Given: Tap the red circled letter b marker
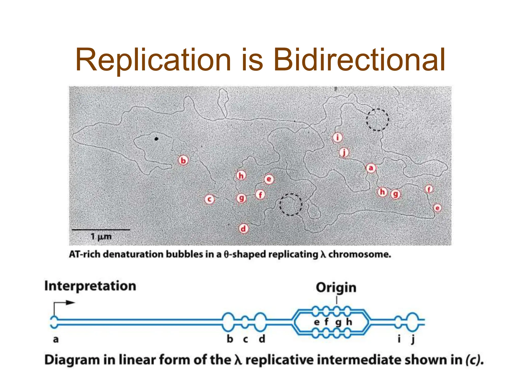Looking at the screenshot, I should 183,160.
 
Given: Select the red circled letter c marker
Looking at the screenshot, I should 209,199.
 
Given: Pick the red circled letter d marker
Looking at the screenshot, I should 243,229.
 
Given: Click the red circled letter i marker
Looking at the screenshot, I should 338,138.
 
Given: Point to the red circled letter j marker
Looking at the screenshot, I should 344,153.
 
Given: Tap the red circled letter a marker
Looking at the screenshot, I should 371,168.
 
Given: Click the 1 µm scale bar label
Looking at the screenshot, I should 101,237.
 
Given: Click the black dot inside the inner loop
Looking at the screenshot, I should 156,139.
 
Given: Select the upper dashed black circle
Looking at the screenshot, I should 377,120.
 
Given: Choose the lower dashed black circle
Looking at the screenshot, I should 291,204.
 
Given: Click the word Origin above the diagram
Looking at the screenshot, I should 336,288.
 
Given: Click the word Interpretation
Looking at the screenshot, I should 90,286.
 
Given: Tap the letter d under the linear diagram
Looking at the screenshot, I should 262,339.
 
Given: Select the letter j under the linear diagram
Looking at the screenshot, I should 413,339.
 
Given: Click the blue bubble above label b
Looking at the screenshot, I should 228,322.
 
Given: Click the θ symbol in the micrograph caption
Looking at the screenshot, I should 226,254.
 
